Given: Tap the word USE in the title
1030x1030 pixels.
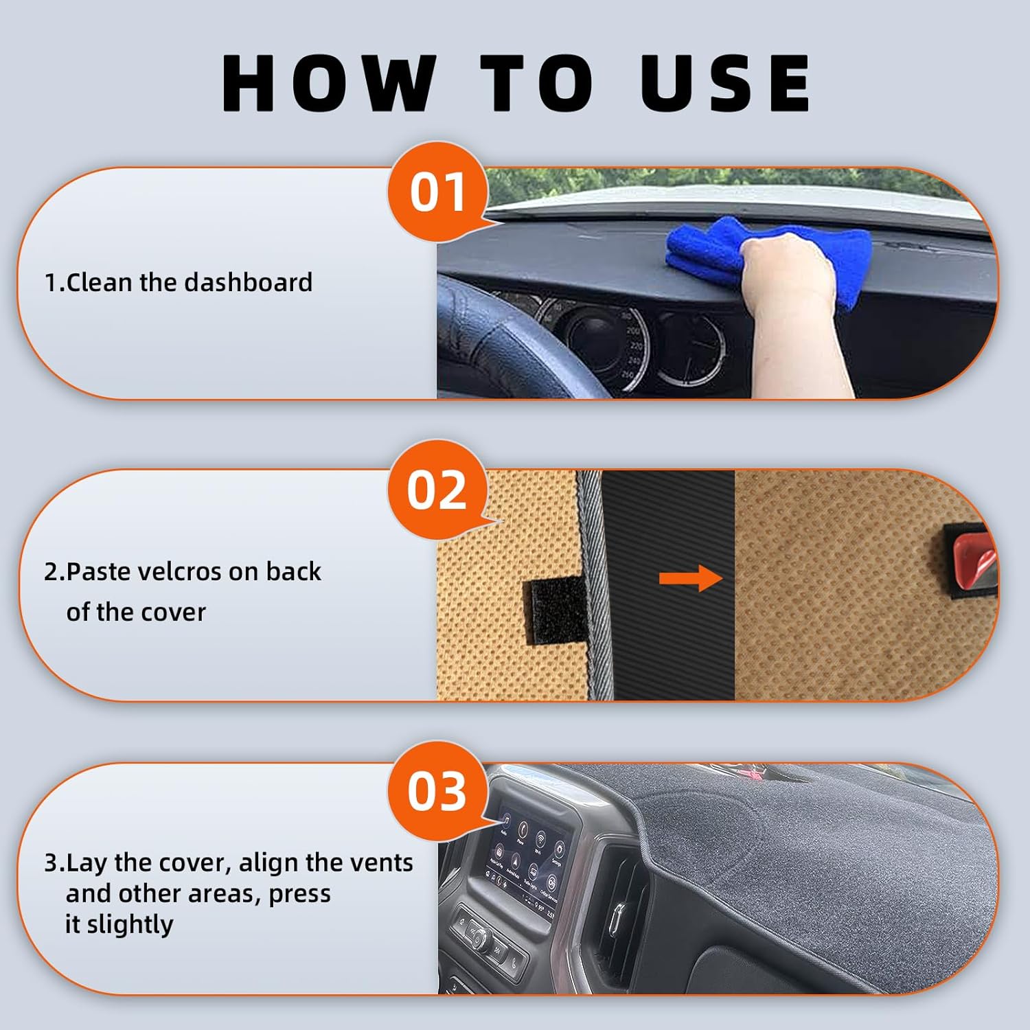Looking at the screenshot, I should [726, 83].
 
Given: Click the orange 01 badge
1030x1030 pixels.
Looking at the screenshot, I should [437, 192].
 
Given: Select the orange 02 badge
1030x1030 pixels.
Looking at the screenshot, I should [437, 490].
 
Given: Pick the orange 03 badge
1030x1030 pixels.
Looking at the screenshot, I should [437, 790].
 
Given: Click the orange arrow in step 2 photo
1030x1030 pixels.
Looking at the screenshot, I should [690, 578].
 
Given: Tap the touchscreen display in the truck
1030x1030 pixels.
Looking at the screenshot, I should [529, 858].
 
